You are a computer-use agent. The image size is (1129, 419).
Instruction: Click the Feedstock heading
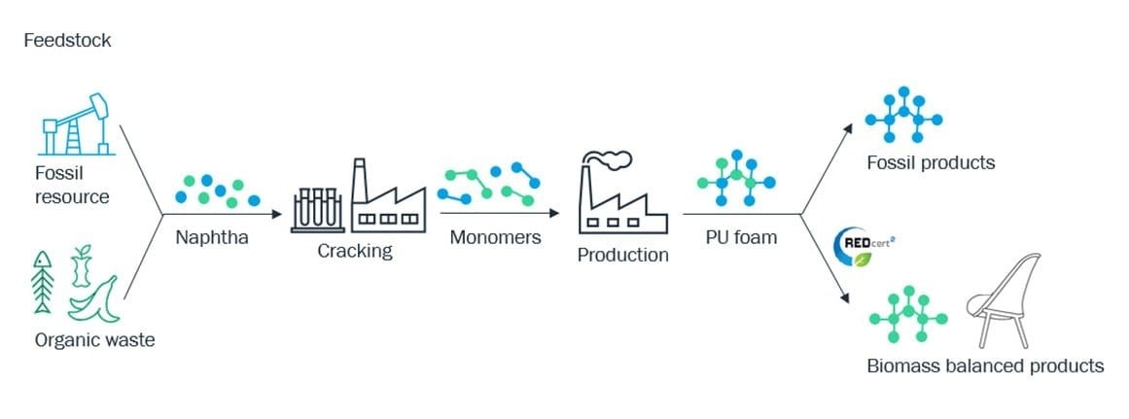(68, 40)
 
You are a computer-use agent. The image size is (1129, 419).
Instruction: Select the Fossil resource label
(71, 185)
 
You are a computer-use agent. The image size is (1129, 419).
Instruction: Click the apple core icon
(82, 266)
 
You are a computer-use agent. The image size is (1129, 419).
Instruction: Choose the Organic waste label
(94, 340)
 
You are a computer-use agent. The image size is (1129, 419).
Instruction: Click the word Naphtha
(212, 237)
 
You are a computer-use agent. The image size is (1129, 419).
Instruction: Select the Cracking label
(355, 251)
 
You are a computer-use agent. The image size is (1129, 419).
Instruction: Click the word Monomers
(495, 237)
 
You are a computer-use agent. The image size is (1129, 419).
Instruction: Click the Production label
(622, 255)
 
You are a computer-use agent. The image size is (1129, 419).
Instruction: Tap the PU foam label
(741, 237)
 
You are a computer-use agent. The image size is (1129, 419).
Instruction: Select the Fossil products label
(931, 162)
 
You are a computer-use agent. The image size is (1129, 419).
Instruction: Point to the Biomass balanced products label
(985, 366)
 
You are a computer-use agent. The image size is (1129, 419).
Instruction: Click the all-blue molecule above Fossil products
(903, 115)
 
